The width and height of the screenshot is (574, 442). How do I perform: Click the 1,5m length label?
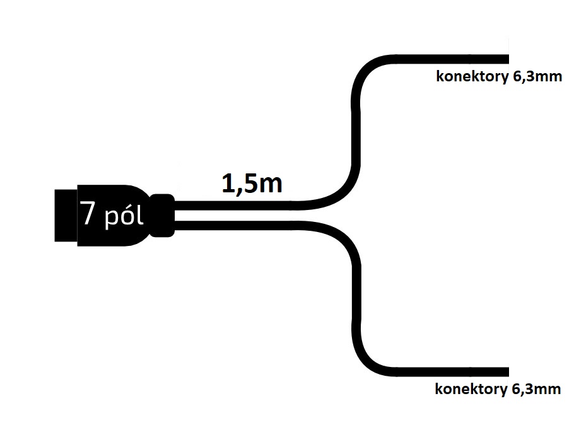[x=252, y=183]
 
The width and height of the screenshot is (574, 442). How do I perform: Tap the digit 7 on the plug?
[x=88, y=212]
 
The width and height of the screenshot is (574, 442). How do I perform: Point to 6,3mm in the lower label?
[x=536, y=388]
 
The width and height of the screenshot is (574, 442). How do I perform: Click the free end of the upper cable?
[x=508, y=59]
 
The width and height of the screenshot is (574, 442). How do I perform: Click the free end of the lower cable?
[x=508, y=372]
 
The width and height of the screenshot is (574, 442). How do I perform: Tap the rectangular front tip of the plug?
[x=66, y=216]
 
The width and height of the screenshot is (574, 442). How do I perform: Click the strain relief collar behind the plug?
[x=162, y=216]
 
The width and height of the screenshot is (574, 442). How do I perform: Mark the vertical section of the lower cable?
[x=356, y=297]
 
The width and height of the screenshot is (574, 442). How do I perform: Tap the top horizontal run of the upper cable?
[x=452, y=59]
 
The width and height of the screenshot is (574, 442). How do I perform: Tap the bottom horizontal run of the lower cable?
[x=452, y=372]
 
